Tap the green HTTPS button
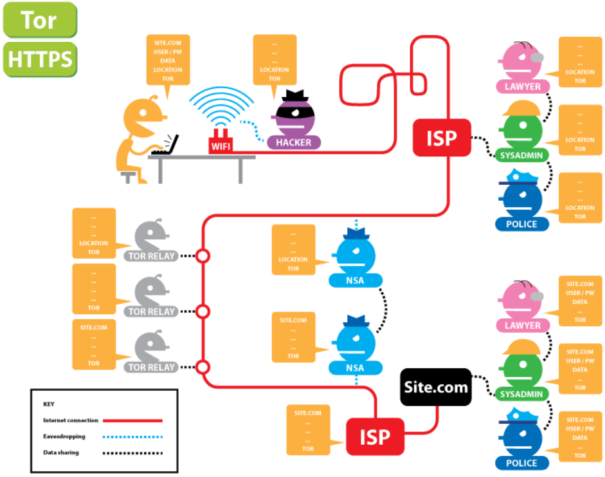(x=40, y=59)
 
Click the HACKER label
(x=293, y=142)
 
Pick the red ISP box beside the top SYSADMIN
(x=442, y=138)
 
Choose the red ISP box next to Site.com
(x=375, y=436)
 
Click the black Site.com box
(x=435, y=387)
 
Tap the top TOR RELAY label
(x=152, y=256)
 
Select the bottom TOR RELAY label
(x=152, y=367)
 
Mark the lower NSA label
(x=355, y=368)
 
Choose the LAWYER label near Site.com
(x=522, y=326)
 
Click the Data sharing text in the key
(x=61, y=453)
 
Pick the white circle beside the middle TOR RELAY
(x=203, y=312)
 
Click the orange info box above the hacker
(x=275, y=61)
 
